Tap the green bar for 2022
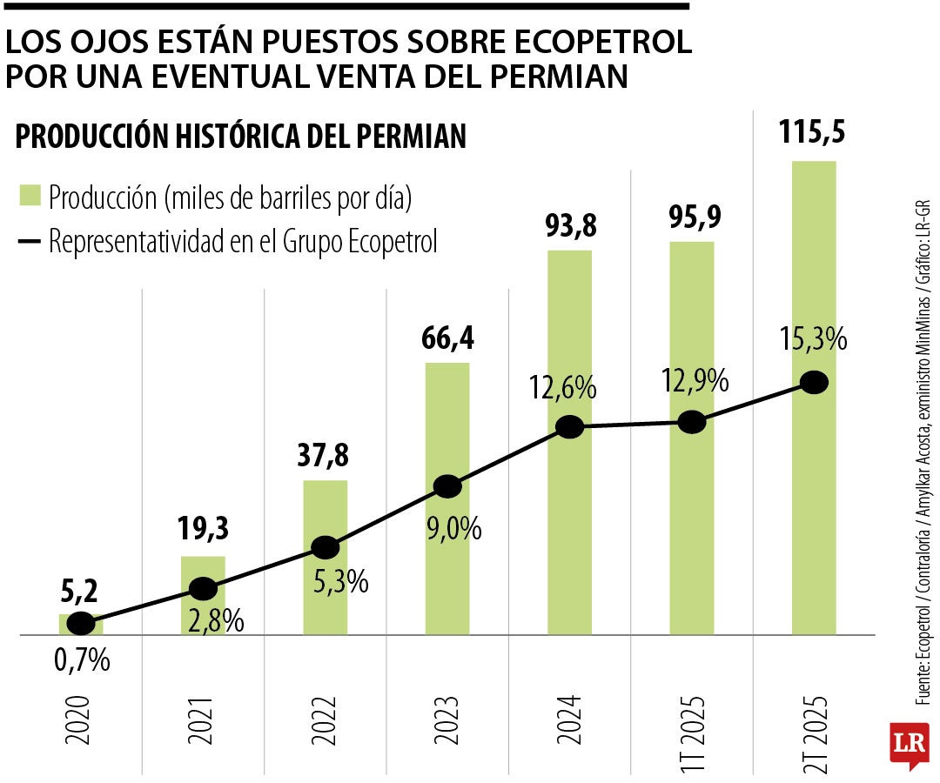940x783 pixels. tap(325, 592)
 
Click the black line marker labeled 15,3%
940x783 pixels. tap(814, 382)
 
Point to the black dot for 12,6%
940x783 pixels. tap(569, 426)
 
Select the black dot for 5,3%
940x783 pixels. tap(325, 547)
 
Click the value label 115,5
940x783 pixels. tap(813, 136)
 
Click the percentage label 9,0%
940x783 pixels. tap(453, 528)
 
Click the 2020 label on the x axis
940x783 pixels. tap(79, 720)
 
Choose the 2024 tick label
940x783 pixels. tap(569, 720)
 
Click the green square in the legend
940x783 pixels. tap(30, 196)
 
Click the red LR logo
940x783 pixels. tap(908, 744)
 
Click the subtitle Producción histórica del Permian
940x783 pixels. tap(241, 137)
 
